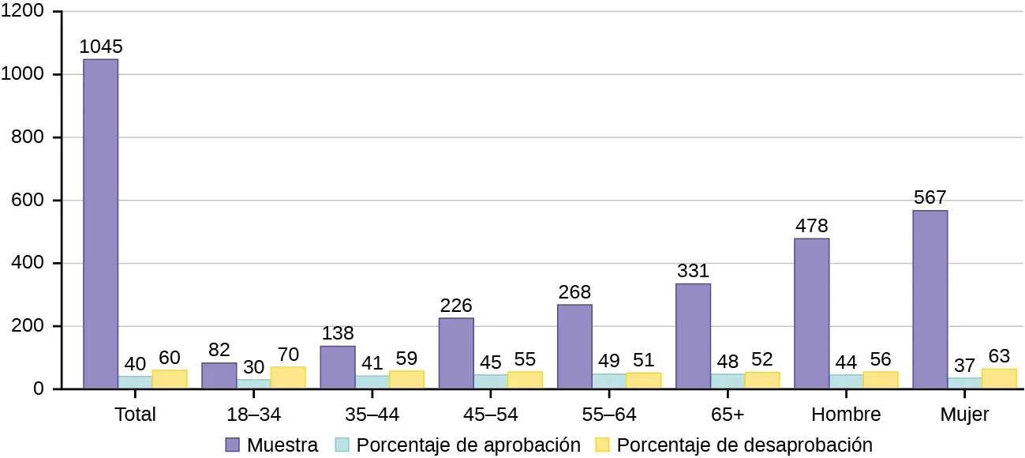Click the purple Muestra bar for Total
pos(101,223)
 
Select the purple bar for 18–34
pos(219,376)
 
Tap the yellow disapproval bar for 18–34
pos(288,377)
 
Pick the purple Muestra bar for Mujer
pos(930,299)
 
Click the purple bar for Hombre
pos(811,313)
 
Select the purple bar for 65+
pos(693,336)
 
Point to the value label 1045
pos(101,47)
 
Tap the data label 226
pos(456,305)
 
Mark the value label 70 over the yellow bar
pos(288,354)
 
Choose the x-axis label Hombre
pos(845,414)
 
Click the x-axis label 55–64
pos(608,414)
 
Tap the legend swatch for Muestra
pos(233,445)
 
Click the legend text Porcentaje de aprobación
pos(468,445)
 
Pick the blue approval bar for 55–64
pos(608,381)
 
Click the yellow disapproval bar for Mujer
pos(998,378)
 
